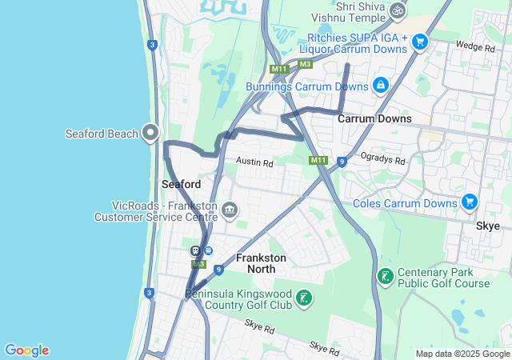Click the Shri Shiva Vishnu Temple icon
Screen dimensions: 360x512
398,11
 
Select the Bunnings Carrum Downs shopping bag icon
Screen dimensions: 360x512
381,85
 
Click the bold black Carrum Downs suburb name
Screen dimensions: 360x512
374,118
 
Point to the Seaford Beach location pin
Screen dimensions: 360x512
150,133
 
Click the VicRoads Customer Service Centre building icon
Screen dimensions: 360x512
229,210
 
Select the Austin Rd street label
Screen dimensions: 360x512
254,162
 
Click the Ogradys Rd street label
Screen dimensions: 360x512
382,159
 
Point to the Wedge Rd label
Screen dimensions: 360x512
474,47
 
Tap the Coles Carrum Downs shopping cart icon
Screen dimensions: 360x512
470,202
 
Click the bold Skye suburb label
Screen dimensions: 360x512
488,226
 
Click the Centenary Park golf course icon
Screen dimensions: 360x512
386,277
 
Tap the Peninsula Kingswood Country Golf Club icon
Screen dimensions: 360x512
303,299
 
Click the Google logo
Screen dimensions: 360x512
26,350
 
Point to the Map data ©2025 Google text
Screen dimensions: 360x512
463,354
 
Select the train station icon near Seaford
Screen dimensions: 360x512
194,250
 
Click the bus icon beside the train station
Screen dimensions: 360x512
208,250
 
